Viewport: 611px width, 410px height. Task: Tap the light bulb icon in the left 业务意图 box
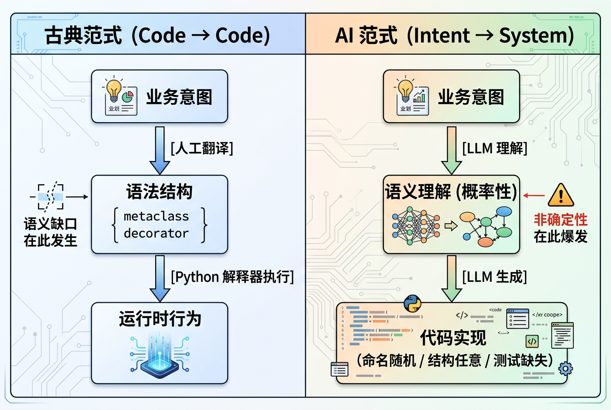114,90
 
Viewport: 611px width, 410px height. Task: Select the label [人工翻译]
202,148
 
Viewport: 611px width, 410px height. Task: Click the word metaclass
156,216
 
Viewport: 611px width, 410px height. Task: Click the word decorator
156,233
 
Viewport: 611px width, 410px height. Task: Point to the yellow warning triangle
561,196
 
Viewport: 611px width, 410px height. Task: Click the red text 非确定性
561,220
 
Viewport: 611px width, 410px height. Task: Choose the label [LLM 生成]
494,277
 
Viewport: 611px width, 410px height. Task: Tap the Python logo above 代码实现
412,304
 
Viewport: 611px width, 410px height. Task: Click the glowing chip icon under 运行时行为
160,355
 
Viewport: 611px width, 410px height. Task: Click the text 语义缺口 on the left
51,224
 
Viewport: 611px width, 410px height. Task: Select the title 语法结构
159,192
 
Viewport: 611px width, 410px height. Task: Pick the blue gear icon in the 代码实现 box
565,369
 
